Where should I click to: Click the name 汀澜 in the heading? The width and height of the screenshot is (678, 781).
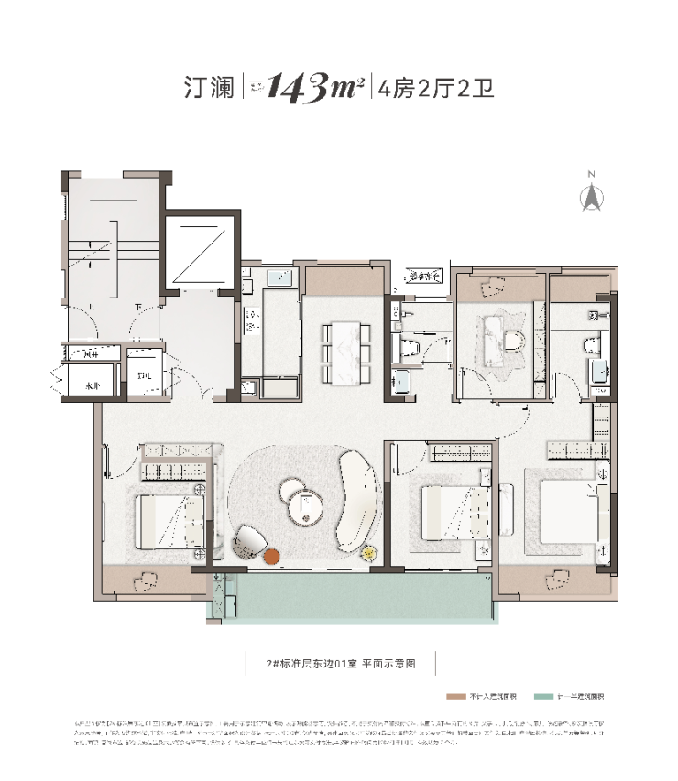(x=203, y=89)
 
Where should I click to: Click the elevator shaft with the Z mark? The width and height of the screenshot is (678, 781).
(x=201, y=252)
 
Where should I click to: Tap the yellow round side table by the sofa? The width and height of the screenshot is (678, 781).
(x=369, y=553)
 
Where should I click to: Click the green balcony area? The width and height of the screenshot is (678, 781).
(x=357, y=598)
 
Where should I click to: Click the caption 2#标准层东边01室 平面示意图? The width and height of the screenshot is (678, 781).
(x=340, y=664)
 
